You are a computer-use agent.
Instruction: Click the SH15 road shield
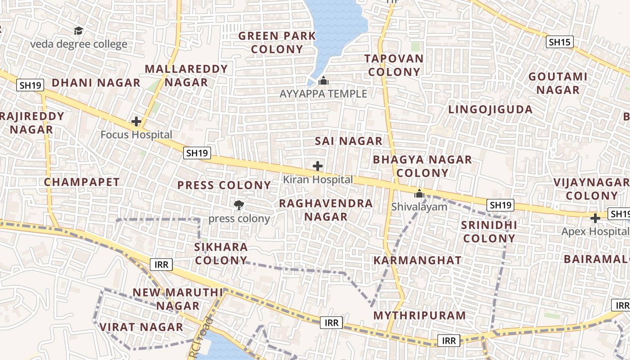(559, 42)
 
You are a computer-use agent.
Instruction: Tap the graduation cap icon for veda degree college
(79, 31)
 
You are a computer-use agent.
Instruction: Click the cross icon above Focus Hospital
(136, 121)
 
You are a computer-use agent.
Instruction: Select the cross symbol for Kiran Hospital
(318, 166)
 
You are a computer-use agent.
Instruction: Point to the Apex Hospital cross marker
(595, 218)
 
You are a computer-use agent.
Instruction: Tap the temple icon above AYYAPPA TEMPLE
(323, 81)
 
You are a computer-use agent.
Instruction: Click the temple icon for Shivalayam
(419, 194)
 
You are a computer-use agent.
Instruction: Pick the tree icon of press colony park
(239, 205)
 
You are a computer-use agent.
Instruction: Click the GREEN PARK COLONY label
(277, 42)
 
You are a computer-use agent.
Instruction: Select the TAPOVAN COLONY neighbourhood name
(394, 65)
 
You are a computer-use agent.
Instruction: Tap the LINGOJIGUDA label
(490, 109)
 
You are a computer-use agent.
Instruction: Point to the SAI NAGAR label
(348, 141)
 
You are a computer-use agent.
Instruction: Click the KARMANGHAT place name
(417, 260)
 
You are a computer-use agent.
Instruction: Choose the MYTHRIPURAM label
(419, 315)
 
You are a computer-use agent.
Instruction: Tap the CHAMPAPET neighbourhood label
(82, 182)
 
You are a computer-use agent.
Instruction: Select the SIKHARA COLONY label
(221, 253)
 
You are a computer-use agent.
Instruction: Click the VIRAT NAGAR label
(141, 327)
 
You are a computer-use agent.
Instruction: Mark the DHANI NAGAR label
(96, 82)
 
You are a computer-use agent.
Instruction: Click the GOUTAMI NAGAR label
(558, 83)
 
